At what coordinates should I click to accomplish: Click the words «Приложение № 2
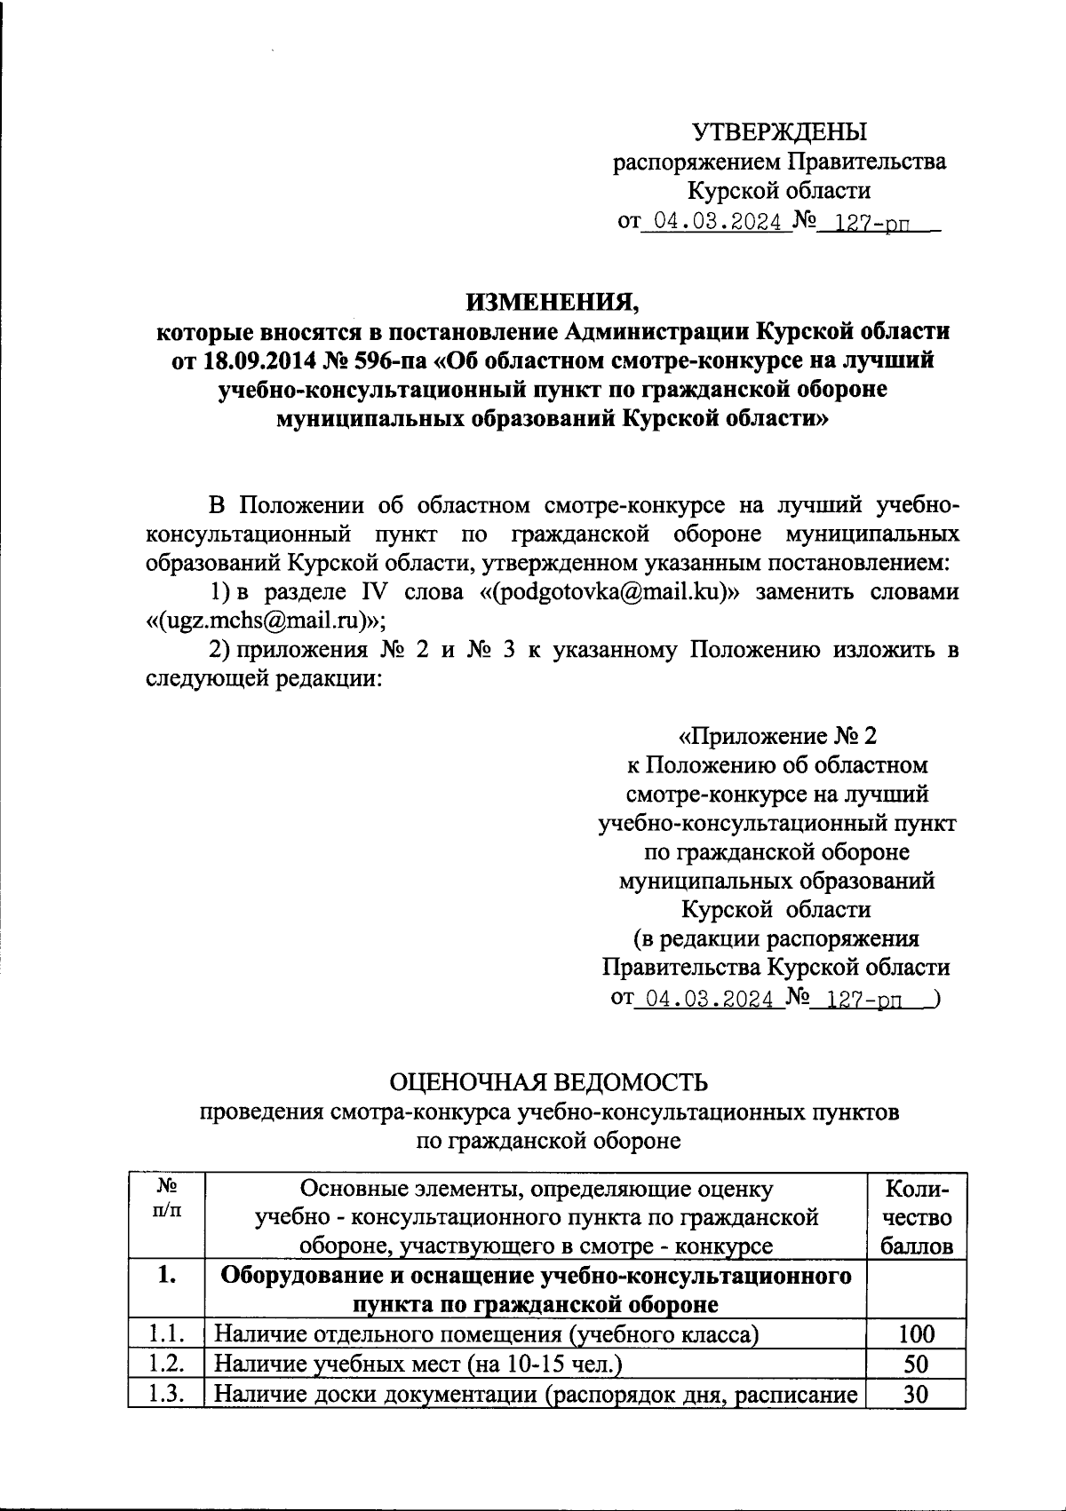[777, 736]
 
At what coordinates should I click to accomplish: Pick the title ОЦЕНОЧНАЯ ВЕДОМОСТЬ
[552, 1082]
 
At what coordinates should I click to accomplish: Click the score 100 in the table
[916, 1333]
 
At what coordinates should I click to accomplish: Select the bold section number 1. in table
[166, 1276]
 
